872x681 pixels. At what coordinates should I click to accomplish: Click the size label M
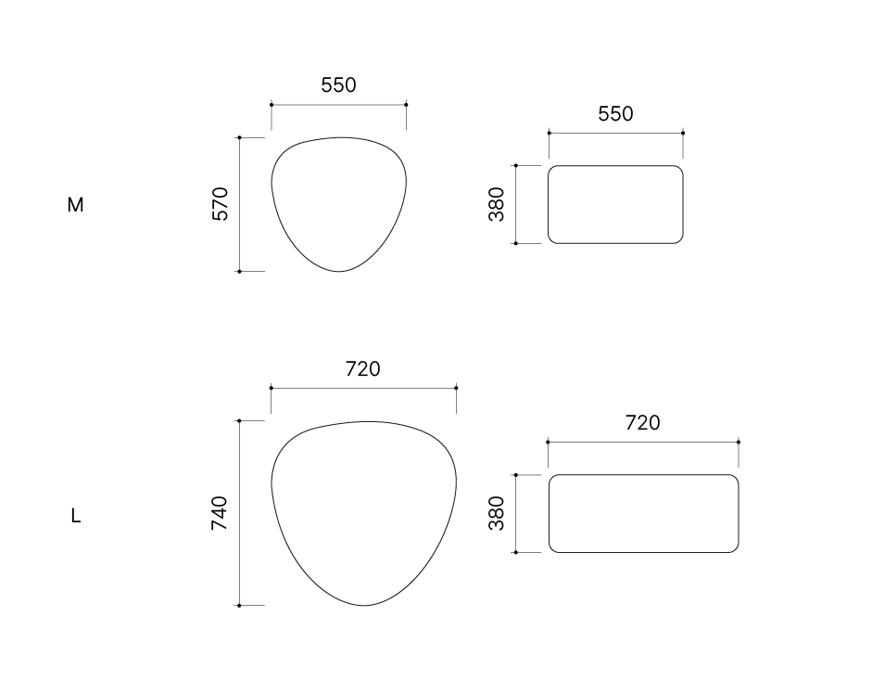[75, 205]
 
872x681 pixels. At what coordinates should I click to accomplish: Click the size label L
[76, 516]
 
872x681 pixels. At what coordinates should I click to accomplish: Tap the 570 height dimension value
[221, 204]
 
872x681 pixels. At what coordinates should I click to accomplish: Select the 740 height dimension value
[220, 513]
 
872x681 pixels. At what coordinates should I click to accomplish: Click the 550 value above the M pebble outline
[338, 85]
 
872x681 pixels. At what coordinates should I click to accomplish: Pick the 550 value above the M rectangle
[615, 114]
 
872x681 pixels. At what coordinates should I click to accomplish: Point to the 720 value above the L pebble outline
[363, 368]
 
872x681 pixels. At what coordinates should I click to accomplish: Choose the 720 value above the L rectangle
[643, 423]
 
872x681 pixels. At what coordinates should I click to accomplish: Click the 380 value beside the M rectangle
[496, 204]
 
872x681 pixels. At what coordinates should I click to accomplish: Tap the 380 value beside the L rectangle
[496, 513]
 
